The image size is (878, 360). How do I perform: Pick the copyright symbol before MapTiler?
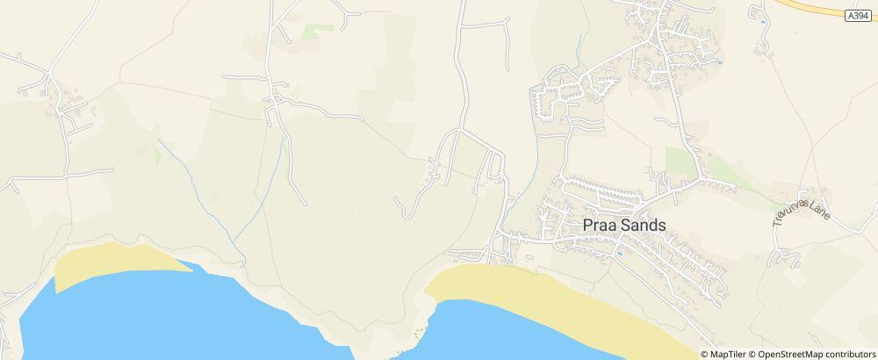[x=705, y=354]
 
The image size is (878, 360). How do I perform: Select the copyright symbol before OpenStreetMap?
[x=752, y=354]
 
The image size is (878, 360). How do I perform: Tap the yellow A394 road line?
[x=825, y=7]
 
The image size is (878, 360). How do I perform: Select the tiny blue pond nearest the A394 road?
[x=720, y=62]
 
